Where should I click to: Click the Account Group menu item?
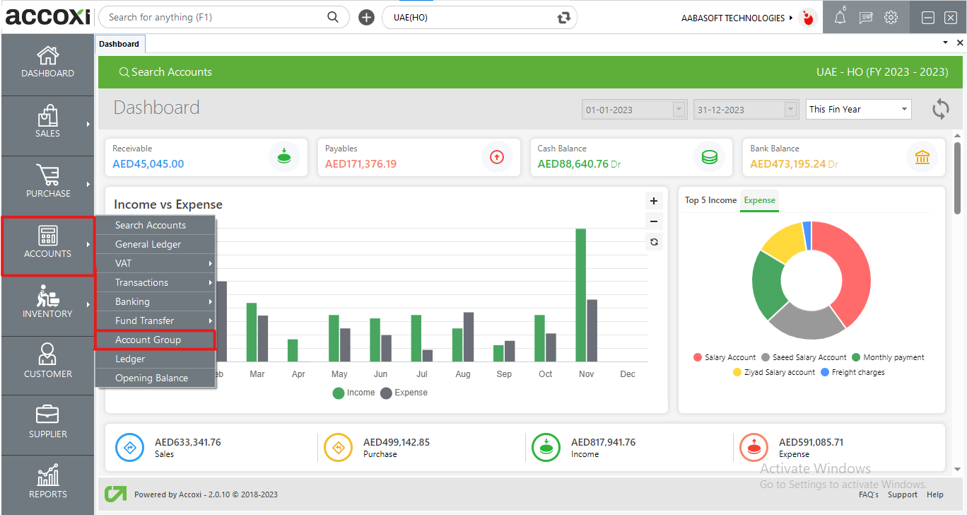148,340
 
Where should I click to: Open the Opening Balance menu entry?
151,378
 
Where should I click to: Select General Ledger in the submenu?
148,244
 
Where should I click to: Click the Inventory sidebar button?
47,301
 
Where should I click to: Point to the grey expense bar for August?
468,337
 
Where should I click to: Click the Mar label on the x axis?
257,374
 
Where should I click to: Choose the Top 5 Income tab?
710,200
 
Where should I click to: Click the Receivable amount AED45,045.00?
148,164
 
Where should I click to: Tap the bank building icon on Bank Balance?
922,157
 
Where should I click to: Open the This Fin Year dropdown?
858,110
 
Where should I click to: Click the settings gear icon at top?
891,18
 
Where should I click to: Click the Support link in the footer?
903,494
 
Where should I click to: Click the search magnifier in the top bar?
333,17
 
